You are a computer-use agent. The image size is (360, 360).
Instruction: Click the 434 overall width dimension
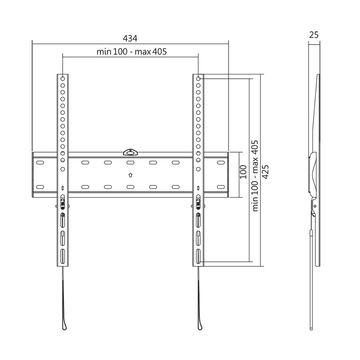[130, 38]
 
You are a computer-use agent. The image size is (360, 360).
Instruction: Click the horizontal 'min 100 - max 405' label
[131, 51]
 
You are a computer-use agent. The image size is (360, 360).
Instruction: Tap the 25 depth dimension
[314, 34]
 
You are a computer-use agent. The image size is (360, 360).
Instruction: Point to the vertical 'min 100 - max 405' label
[255, 175]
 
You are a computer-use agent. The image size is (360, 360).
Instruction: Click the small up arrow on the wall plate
[130, 175]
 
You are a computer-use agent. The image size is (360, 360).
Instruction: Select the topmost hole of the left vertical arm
[63, 78]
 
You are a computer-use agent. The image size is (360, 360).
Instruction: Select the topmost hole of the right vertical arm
[198, 78]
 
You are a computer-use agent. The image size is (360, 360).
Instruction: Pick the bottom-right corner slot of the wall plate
[220, 186]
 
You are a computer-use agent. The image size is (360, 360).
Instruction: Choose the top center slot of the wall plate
[130, 162]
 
